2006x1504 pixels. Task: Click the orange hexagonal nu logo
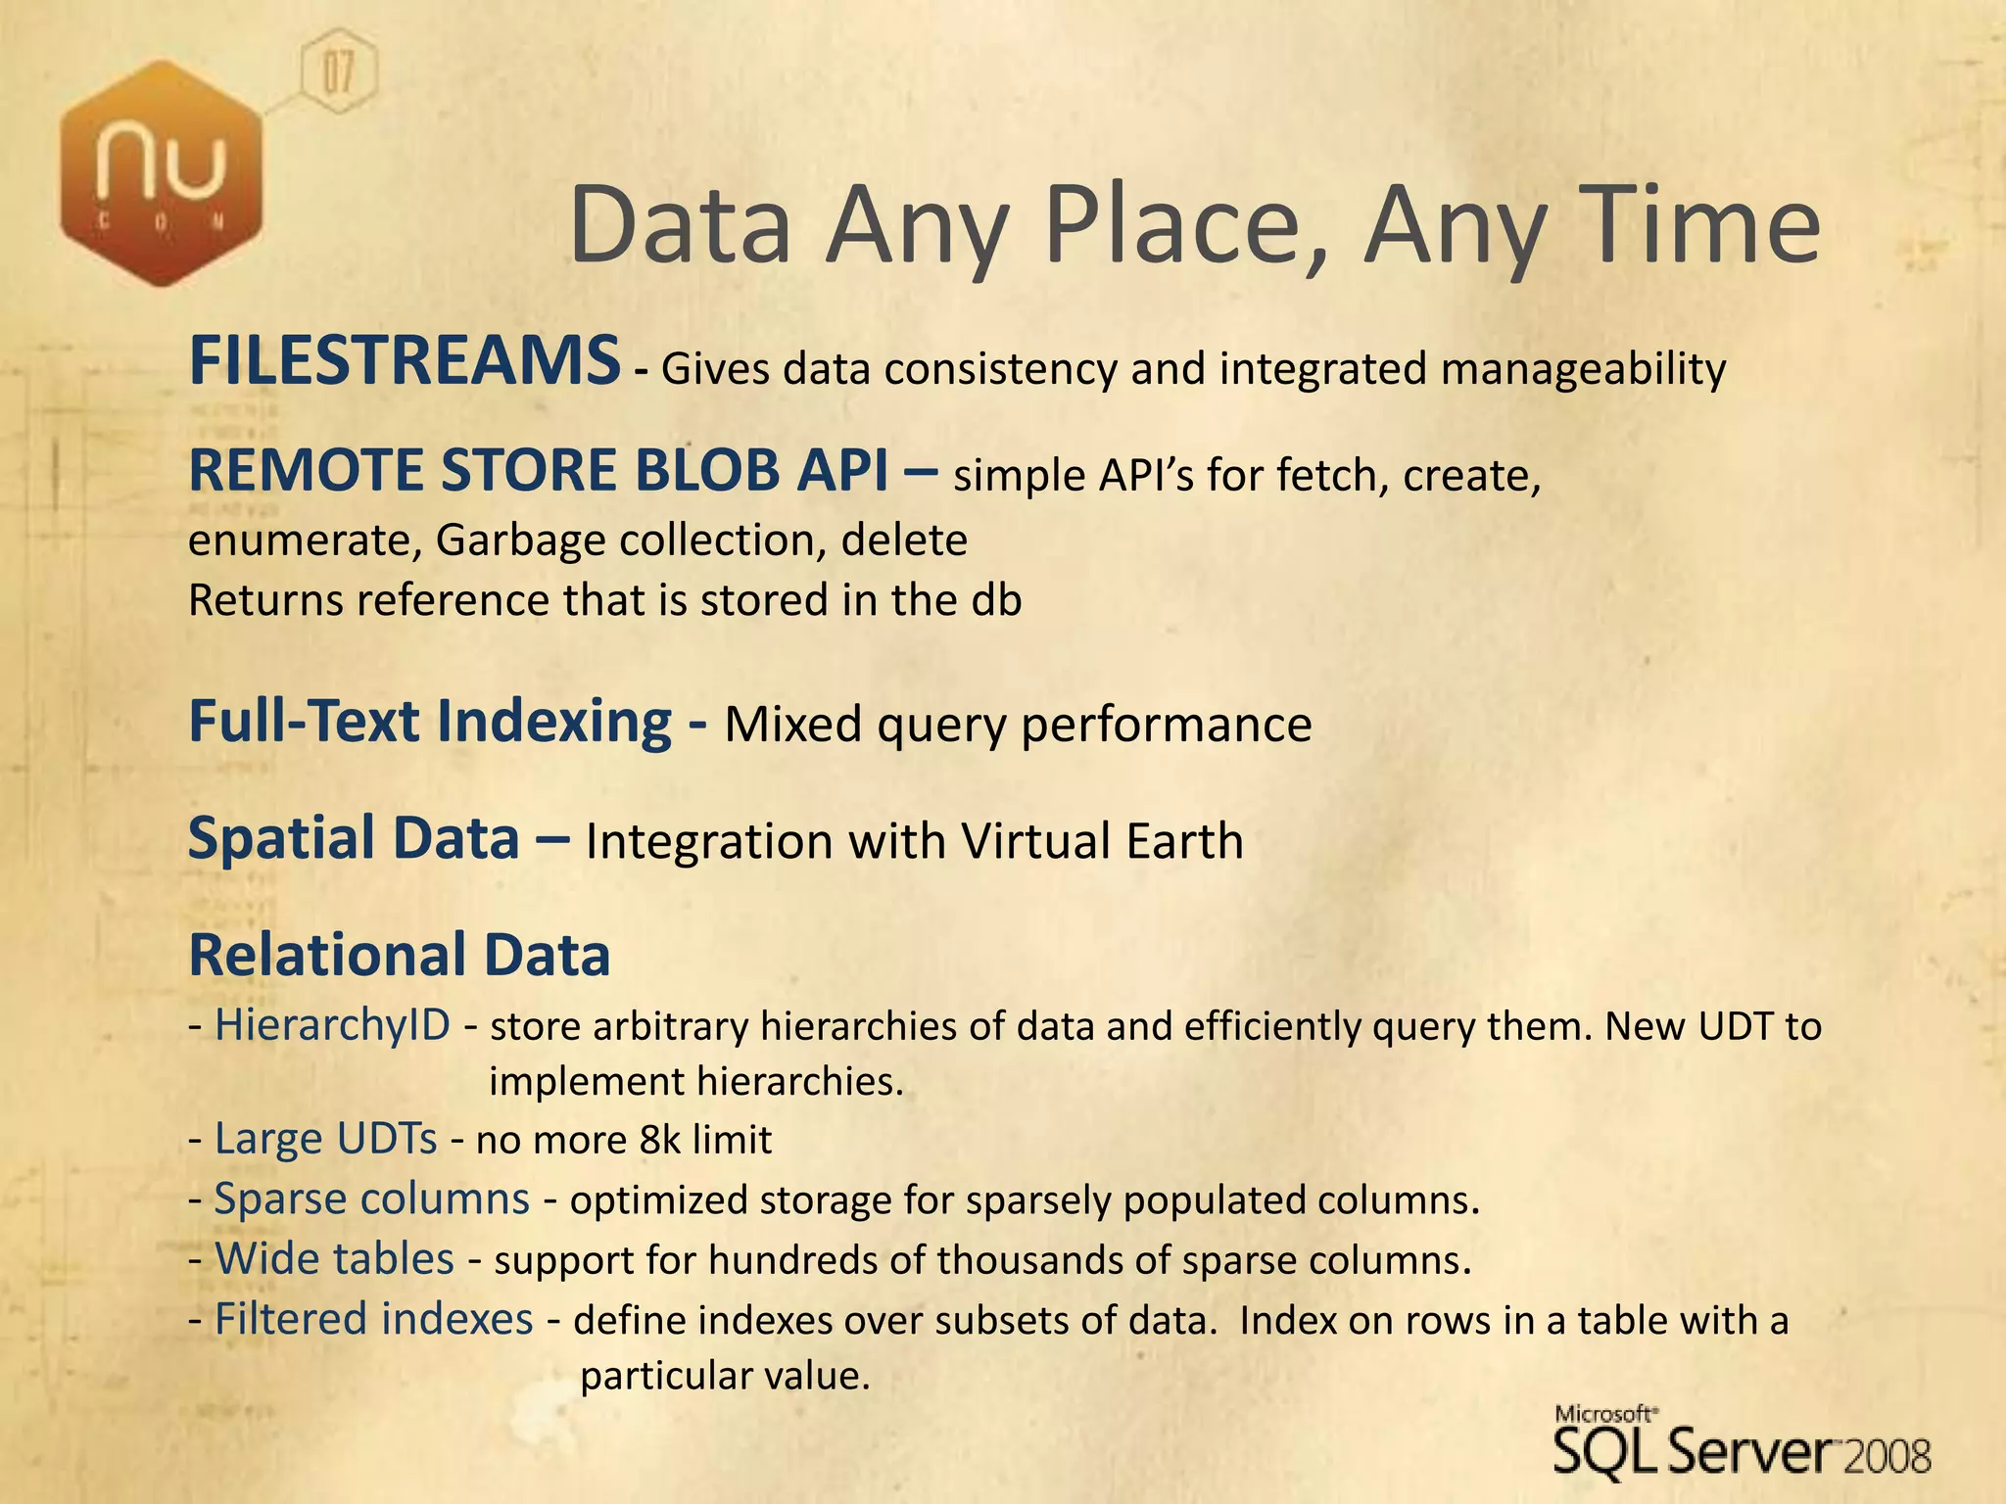pyautogui.click(x=162, y=173)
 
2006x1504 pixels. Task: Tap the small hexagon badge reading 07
pyautogui.click(x=337, y=71)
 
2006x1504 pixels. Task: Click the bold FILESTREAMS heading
pyautogui.click(x=404, y=360)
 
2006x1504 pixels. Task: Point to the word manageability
pyautogui.click(x=1583, y=369)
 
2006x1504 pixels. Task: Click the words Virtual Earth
pyautogui.click(x=1102, y=841)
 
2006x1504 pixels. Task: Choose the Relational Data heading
pyautogui.click(x=399, y=955)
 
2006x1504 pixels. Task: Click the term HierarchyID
pyautogui.click(x=332, y=1025)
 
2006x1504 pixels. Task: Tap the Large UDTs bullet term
pyautogui.click(x=325, y=1139)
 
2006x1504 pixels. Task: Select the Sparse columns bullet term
pyautogui.click(x=371, y=1199)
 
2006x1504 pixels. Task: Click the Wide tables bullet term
pyautogui.click(x=334, y=1259)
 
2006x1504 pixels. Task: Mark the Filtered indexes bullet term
pyautogui.click(x=373, y=1319)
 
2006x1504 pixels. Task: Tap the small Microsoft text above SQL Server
pyautogui.click(x=1604, y=1413)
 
